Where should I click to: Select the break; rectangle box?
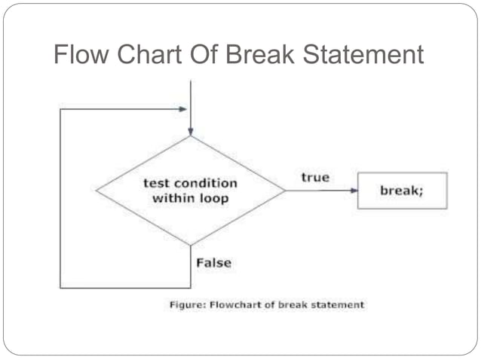tap(402, 191)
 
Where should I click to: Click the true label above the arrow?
tap(315, 177)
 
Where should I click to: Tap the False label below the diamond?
tap(213, 263)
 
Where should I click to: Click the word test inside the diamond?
tap(159, 184)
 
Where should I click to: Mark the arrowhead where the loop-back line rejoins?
tap(183, 108)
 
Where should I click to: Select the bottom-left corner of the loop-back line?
tap(60, 288)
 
